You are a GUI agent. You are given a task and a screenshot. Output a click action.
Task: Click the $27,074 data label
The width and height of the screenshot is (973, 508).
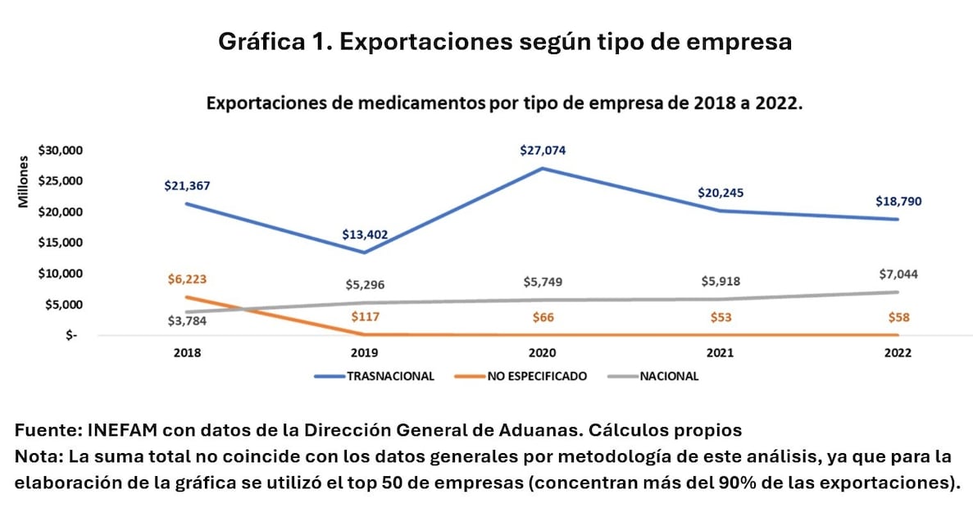(543, 151)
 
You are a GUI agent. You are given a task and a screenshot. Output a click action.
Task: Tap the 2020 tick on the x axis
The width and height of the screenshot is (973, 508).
(542, 353)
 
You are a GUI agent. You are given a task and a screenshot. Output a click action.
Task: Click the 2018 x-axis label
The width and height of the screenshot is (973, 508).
(187, 353)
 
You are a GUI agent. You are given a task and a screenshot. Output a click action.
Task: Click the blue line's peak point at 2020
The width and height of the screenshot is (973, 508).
(543, 169)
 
